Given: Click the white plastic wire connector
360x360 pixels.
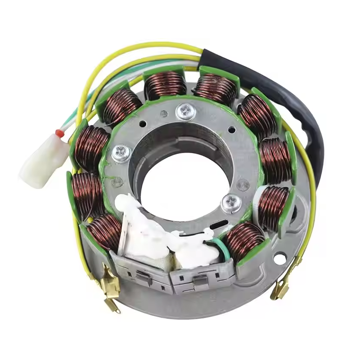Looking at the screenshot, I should coord(41,158).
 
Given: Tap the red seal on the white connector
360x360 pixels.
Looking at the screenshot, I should coord(59,133).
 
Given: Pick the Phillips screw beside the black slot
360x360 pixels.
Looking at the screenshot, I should coord(231,202).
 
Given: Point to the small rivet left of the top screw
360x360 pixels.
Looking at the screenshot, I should coord(164,114).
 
